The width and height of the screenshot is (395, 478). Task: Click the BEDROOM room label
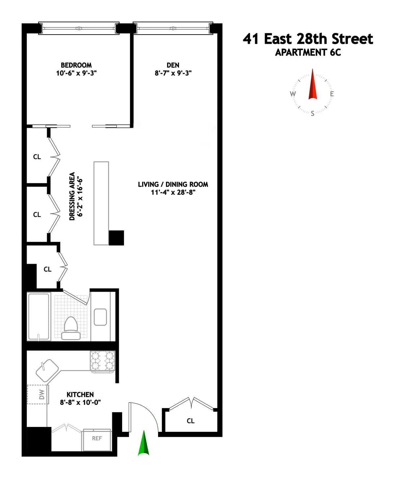click(76, 65)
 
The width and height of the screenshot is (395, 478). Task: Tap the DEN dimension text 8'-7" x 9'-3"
click(173, 73)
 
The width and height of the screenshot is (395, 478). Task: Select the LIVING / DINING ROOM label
click(173, 184)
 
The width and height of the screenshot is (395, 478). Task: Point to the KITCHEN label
click(80, 394)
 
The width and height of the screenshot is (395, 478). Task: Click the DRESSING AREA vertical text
click(72, 196)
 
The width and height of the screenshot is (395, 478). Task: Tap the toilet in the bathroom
click(70, 328)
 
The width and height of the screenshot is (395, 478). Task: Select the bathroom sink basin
click(100, 317)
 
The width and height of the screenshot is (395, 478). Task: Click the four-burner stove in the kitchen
click(102, 361)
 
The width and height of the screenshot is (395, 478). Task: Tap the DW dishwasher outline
click(38, 394)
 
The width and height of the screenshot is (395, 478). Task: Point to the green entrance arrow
click(144, 444)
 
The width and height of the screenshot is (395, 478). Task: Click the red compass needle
click(312, 85)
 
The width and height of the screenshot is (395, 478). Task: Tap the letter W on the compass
click(293, 94)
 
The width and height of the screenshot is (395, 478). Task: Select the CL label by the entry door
click(191, 421)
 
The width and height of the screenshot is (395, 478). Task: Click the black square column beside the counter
click(116, 238)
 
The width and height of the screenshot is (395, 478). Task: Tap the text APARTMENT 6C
click(308, 52)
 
